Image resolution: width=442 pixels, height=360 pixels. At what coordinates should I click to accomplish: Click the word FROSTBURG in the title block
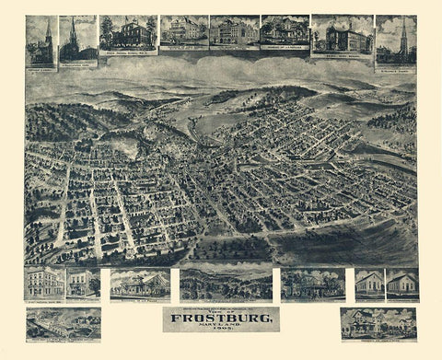pyautogui.click(x=221, y=320)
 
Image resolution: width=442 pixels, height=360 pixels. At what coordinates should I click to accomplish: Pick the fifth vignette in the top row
pyautogui.click(x=233, y=31)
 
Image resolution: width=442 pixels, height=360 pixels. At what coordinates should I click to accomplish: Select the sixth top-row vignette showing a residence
pyautogui.click(x=284, y=31)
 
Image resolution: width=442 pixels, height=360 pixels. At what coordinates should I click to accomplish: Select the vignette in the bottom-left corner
pyautogui.click(x=64, y=323)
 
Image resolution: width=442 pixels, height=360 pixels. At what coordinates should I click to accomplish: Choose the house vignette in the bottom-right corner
pyautogui.click(x=378, y=323)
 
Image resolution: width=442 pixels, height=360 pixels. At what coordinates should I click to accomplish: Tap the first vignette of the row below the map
pyautogui.click(x=43, y=283)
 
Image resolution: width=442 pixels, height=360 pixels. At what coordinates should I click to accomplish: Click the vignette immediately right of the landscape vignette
pyautogui.click(x=312, y=285)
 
